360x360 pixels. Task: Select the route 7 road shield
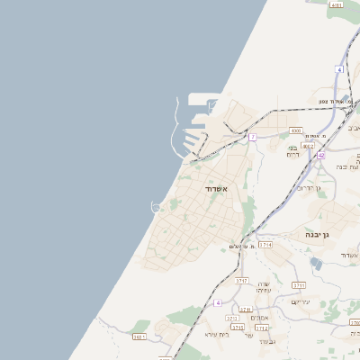[253, 137]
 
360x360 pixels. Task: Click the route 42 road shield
[321, 155]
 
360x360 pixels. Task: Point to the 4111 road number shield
[337, 5]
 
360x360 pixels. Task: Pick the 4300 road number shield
[295, 130]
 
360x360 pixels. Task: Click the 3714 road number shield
[265, 244]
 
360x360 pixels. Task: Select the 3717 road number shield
[241, 281]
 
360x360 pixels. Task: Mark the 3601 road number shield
[139, 337]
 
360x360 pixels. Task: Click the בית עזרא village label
[217, 335]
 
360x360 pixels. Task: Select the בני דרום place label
[293, 151]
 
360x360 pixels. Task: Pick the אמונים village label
[260, 317]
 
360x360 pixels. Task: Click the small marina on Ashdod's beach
[156, 207]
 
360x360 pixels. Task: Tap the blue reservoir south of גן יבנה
[315, 263]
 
